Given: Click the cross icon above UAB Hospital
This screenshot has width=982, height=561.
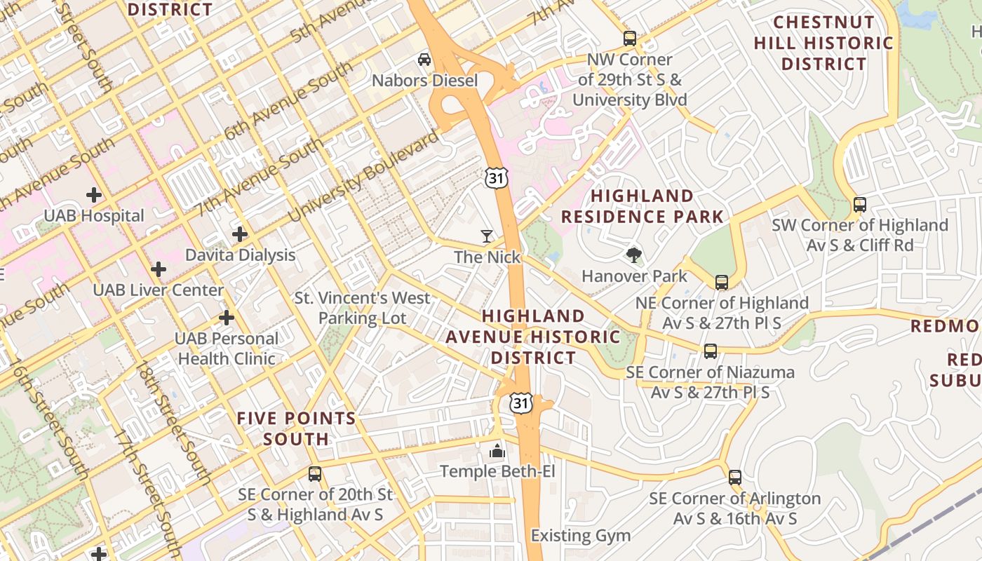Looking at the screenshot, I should coord(93,194).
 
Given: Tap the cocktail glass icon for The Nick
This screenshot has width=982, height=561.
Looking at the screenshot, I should coord(487,236).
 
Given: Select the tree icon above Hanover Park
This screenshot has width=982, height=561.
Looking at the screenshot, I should coord(634,255).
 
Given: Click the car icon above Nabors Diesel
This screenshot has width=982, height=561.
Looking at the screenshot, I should coord(424,60).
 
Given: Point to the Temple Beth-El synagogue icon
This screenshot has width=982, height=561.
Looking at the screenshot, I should coord(497,450).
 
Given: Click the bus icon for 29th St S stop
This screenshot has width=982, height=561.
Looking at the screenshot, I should coord(630,39).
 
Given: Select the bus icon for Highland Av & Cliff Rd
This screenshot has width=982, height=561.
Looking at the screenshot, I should coord(859,205).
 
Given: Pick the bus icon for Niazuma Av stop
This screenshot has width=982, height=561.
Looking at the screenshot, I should coord(711,351).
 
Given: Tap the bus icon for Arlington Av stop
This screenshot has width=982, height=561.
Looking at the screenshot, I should coord(735,478).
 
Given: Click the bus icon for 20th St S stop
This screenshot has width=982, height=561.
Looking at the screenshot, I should coord(315,474).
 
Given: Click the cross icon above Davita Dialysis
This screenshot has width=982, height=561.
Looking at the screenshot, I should coord(240,234).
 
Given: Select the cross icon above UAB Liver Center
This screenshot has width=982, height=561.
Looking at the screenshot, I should coord(159,269).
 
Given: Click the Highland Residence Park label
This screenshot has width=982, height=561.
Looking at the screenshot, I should coord(642,206).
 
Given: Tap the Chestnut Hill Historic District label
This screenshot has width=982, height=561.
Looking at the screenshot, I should coord(823,43).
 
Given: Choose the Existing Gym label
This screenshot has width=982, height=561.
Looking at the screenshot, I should coord(580,536).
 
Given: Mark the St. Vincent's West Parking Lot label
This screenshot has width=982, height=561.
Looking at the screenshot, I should coord(362,308).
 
